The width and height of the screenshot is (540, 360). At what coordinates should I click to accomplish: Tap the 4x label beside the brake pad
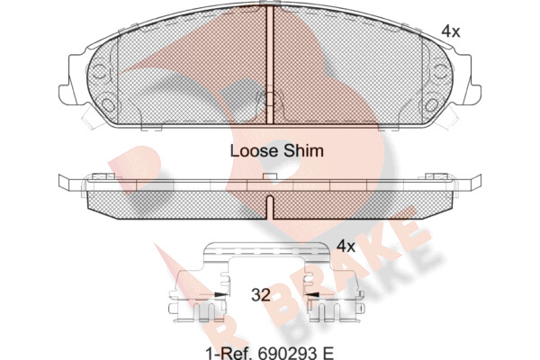(451, 31)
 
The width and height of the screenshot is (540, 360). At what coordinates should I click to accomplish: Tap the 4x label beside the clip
(346, 247)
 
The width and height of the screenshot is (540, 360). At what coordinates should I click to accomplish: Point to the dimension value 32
(261, 295)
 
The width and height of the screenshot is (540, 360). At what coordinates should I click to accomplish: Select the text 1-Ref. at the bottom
(228, 353)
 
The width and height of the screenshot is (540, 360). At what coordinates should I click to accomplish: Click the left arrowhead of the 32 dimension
(220, 295)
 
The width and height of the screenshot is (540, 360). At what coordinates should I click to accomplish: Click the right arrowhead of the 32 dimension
(312, 295)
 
